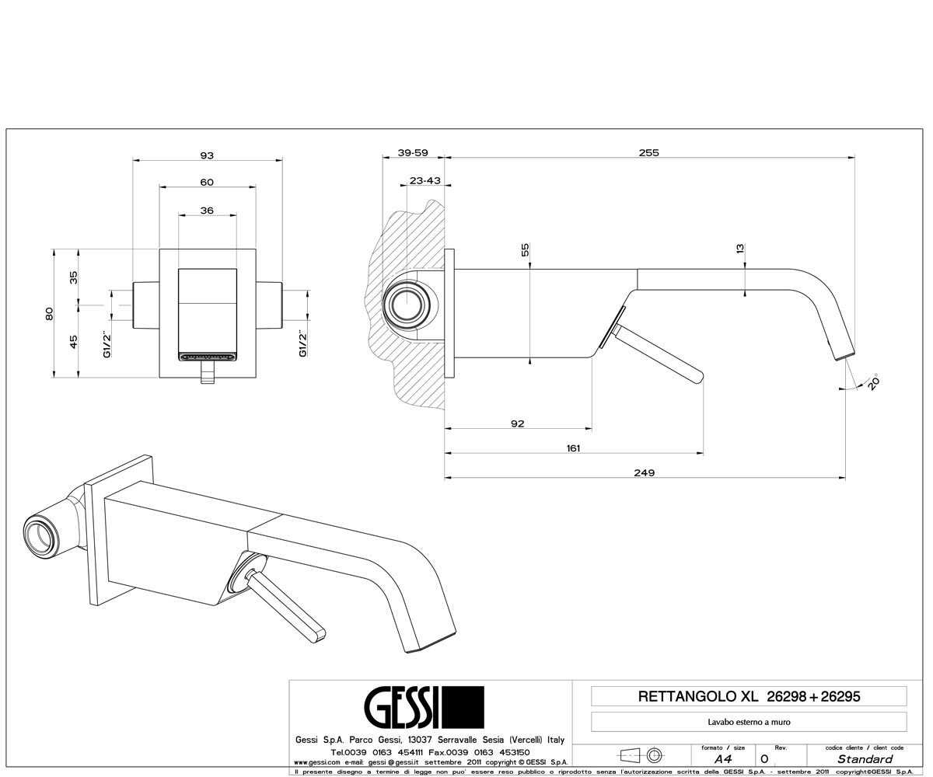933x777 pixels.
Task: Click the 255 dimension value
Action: coord(648,153)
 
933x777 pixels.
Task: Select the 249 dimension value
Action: coord(644,472)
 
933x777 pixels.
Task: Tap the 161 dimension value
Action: coord(573,448)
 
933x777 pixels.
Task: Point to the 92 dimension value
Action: coord(518,423)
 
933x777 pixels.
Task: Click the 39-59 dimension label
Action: coord(413,153)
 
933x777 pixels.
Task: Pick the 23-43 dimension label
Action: coord(425,180)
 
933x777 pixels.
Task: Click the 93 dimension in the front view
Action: coord(207,155)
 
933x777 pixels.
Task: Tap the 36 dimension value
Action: coord(207,211)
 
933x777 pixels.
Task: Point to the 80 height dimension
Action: coord(49,313)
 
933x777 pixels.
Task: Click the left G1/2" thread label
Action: coord(107,344)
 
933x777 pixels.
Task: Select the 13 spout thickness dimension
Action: coord(740,249)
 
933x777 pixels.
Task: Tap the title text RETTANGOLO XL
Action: coord(698,697)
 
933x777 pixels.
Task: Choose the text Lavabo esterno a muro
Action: coord(749,722)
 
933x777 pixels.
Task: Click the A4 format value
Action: coord(723,758)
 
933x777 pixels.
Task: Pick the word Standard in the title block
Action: coord(865,758)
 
